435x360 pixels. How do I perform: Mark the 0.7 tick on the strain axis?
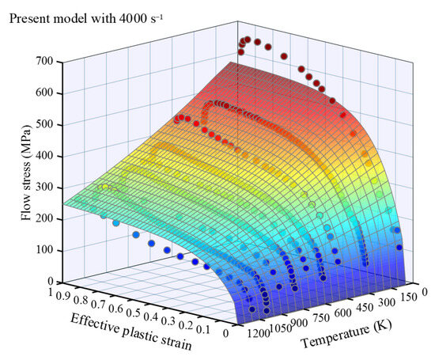(x=104, y=301)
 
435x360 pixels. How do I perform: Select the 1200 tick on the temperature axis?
(x=257, y=335)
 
